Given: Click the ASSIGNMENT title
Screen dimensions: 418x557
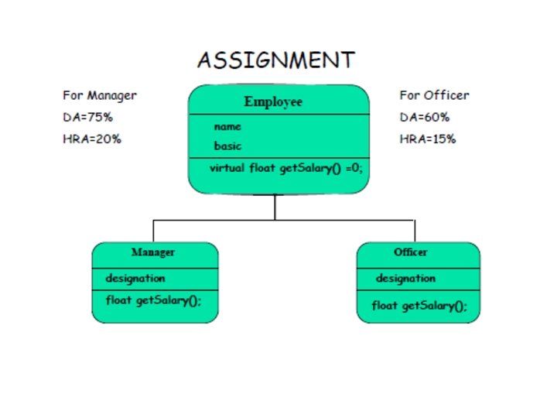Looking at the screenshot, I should [275, 60].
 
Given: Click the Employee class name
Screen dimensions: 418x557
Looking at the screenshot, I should [273, 101].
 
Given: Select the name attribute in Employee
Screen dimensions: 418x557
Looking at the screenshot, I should [227, 126].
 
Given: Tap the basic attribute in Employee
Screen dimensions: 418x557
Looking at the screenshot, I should [227, 146].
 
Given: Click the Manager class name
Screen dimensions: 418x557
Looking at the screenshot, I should [152, 252].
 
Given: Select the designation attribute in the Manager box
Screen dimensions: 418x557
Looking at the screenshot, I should [135, 279].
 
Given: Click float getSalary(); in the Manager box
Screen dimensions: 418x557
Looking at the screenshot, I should [153, 300].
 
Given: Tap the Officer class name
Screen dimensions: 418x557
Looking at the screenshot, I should [410, 252].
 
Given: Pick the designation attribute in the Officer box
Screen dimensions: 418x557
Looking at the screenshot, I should [405, 279].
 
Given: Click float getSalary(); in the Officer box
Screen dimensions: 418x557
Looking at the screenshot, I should [419, 306].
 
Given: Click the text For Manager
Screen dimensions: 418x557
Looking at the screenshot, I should [100, 96].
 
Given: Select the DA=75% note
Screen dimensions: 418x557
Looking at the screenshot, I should [88, 118].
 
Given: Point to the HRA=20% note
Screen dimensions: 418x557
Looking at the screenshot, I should [92, 139].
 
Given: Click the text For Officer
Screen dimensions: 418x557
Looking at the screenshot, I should [434, 96].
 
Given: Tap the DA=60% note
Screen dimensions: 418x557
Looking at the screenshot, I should [425, 118].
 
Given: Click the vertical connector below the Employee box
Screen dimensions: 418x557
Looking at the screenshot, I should [275, 207].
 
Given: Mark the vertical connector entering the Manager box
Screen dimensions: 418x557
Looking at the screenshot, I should [153, 231].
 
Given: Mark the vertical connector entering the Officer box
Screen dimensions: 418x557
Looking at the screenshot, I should [415, 231].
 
